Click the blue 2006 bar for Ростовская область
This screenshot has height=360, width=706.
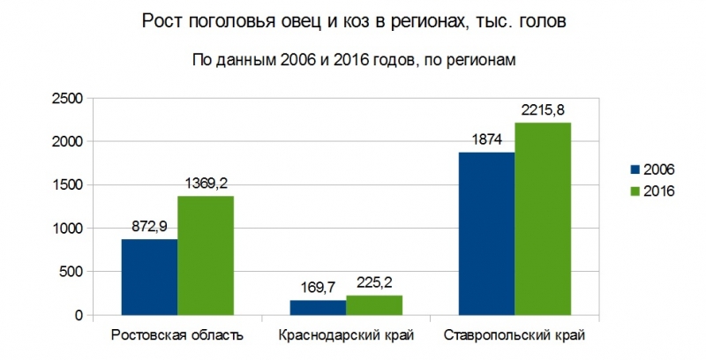click(x=150, y=277)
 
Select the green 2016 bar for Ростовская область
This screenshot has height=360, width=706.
click(x=206, y=255)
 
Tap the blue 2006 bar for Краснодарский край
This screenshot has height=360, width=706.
click(x=318, y=307)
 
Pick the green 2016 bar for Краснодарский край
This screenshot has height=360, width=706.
click(x=373, y=304)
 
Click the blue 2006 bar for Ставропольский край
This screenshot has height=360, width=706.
click(x=486, y=233)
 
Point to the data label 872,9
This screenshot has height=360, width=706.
click(x=150, y=228)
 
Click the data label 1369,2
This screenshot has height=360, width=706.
click(x=207, y=184)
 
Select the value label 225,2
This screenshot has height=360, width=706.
click(x=373, y=283)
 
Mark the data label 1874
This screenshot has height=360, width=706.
click(x=486, y=140)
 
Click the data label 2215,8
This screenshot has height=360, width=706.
click(x=543, y=110)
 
